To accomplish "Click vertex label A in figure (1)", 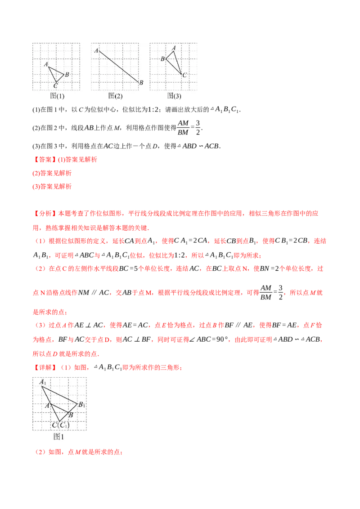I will pos(46,64).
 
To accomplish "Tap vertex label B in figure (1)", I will pos(67,74).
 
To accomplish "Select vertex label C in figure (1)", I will pos(55,85).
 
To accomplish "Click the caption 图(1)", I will pos(57,96).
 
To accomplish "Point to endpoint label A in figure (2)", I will pos(96,50).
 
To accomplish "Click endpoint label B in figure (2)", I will pos(141,82).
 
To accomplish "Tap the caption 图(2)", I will pos(115,96).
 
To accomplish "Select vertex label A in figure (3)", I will pos(174,48).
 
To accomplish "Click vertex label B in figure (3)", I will pos(163,58).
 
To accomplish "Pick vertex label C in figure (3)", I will pos(184,75).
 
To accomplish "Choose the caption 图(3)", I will pos(174,96).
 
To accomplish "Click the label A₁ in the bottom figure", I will pos(43,382).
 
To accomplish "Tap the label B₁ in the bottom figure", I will pos(81,404).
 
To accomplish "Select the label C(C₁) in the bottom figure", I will pos(60,425).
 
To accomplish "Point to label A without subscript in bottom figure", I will pos(47,406).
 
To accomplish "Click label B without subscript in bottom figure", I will pos(71,415).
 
